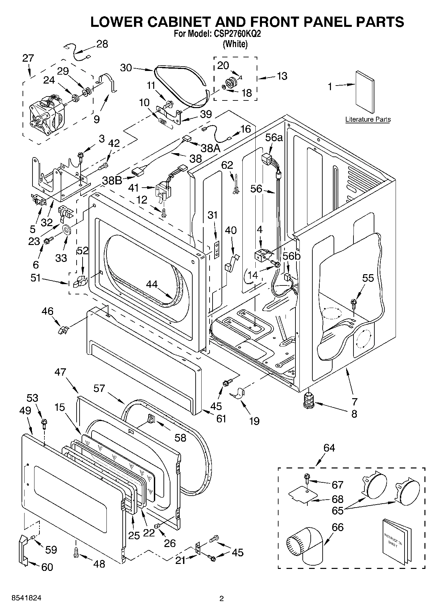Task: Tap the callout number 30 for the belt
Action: point(126,68)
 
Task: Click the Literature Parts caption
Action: point(368,119)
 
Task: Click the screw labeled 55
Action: point(354,303)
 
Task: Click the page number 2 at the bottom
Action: point(222,598)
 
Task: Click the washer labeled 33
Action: point(67,229)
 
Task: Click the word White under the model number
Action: point(235,44)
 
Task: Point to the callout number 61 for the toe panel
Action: point(221,419)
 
